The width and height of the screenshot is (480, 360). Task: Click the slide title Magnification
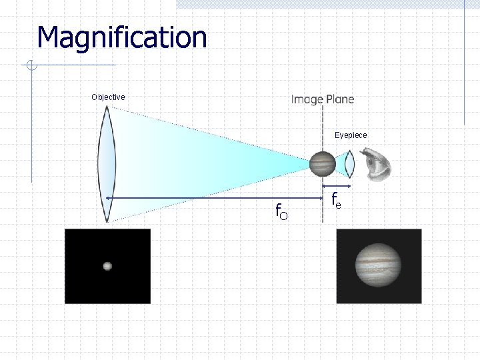[x=122, y=37]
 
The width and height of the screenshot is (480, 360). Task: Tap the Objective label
[x=108, y=97]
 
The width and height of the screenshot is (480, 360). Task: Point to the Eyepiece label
[x=351, y=135]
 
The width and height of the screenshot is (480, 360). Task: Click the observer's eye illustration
[x=375, y=164]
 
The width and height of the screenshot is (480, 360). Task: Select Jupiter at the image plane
[x=322, y=163]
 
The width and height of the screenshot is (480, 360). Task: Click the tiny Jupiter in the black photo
[x=107, y=266]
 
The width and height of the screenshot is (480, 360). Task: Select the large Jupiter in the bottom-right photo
[x=379, y=265]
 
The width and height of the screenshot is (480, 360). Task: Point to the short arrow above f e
[x=337, y=185]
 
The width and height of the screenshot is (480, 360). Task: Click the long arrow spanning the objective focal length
[x=213, y=199]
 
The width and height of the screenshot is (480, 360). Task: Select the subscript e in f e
[x=339, y=204]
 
